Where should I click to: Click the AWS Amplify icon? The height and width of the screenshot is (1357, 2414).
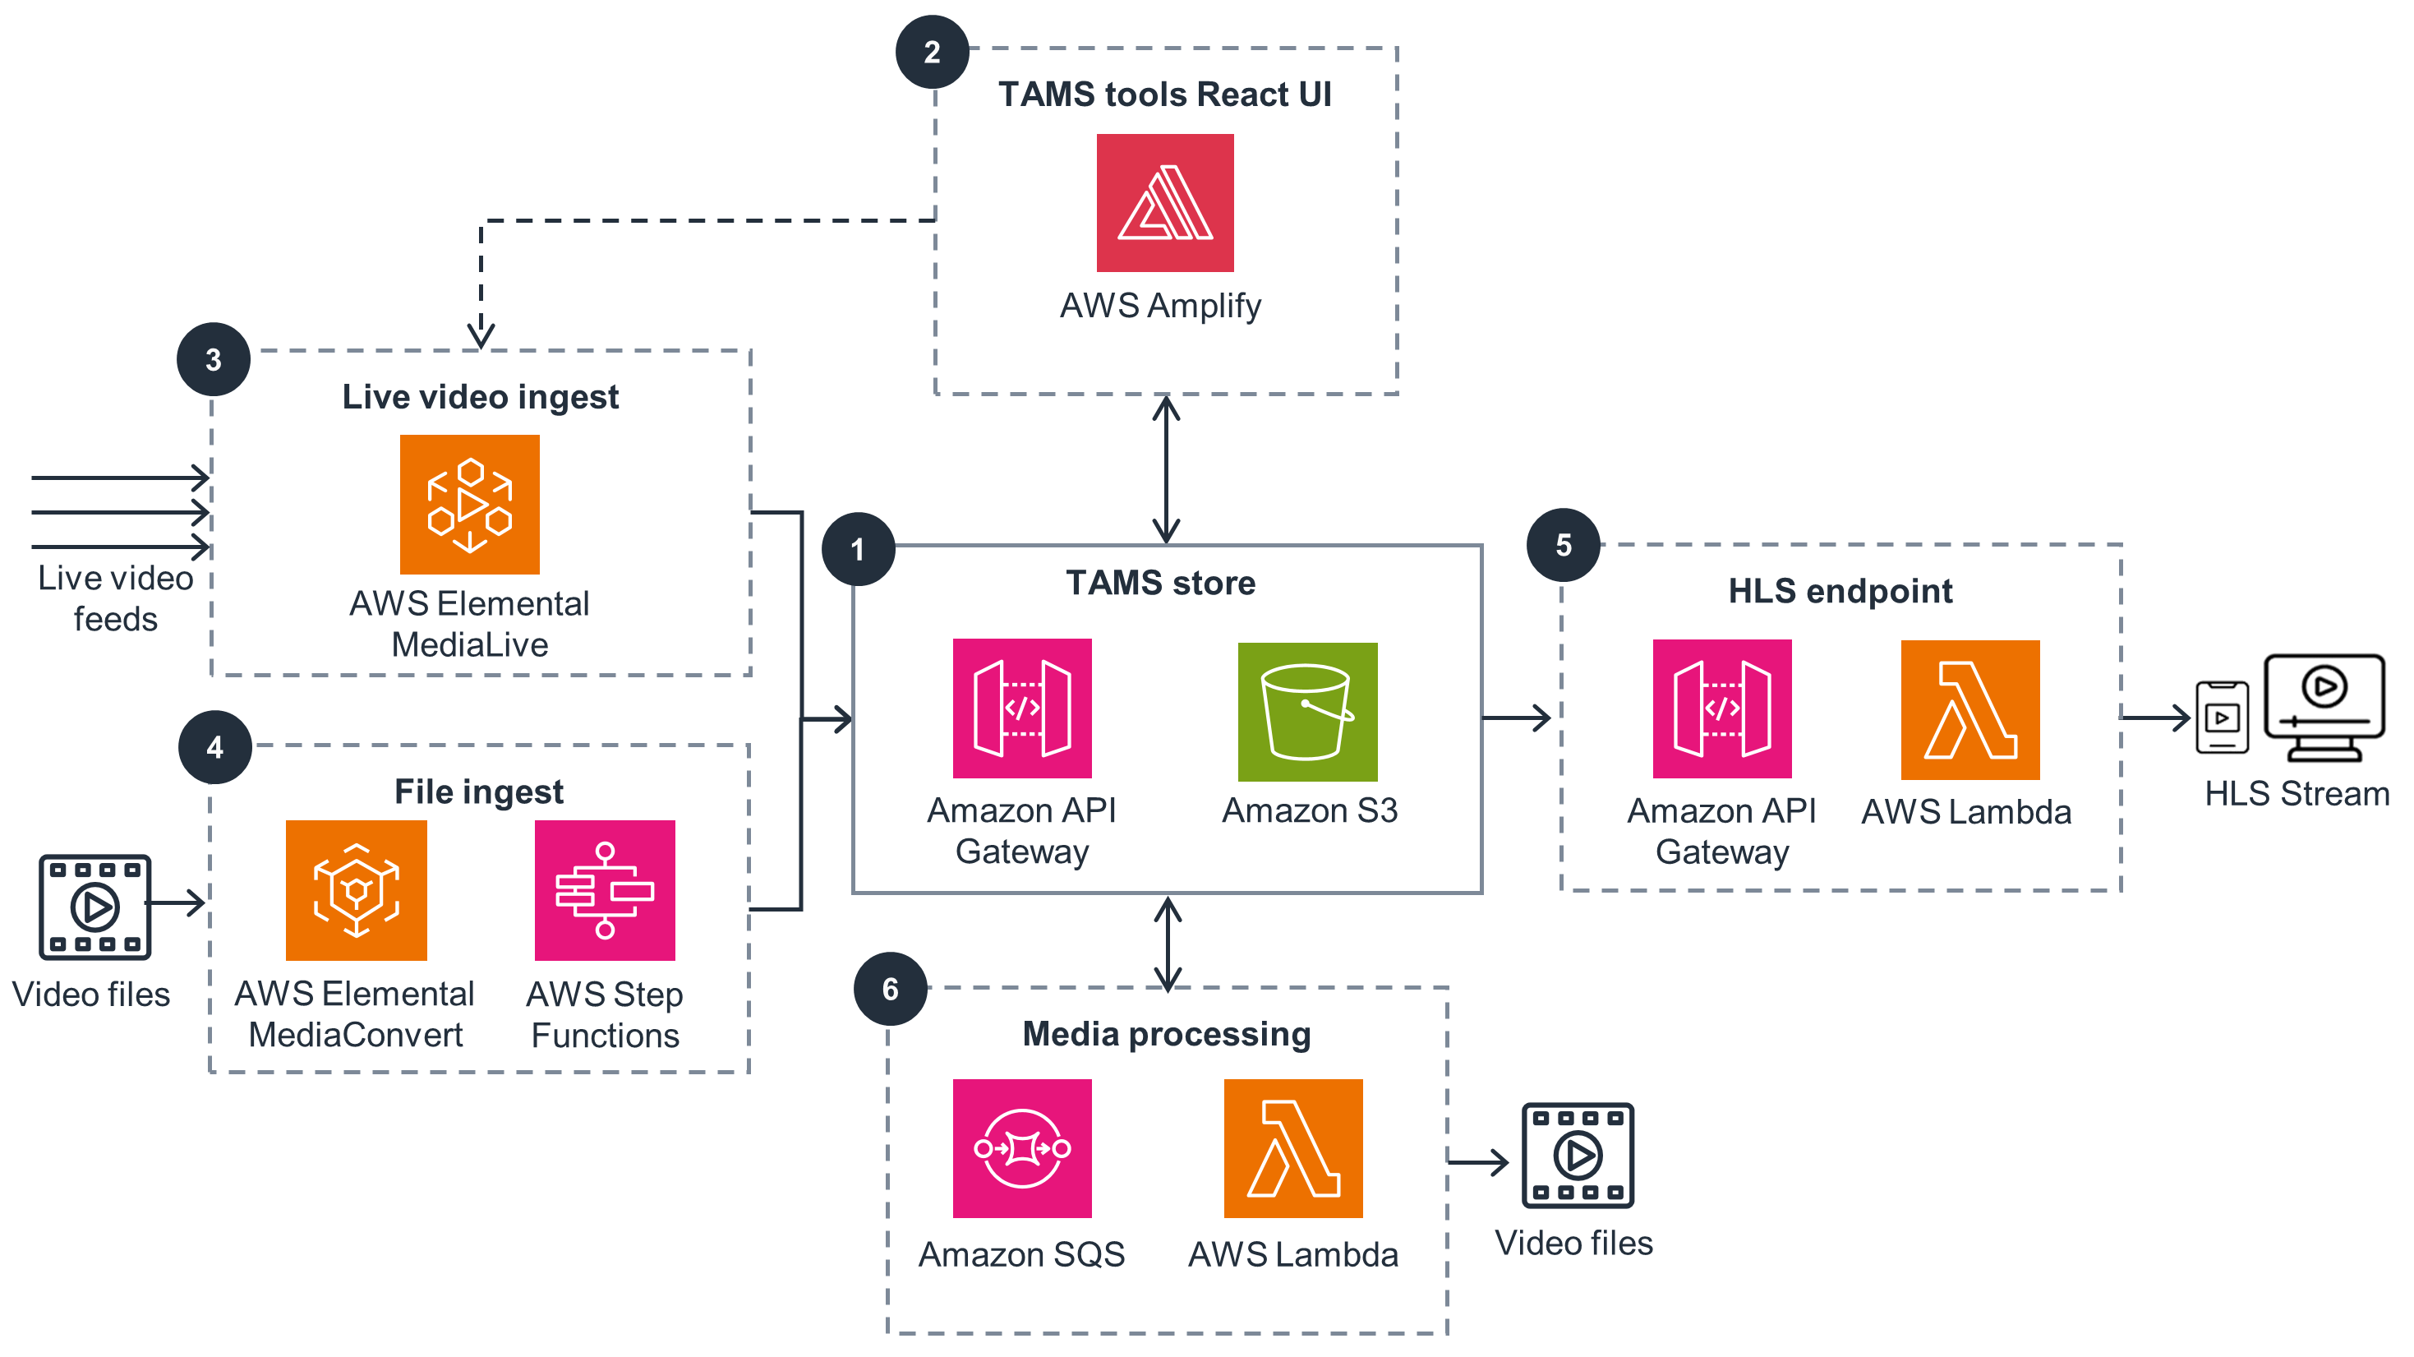[x=1165, y=202]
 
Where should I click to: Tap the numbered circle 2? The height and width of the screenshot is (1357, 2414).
[x=932, y=53]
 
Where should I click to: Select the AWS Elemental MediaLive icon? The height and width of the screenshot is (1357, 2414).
[x=469, y=504]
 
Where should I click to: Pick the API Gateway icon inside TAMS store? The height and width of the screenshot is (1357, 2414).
[x=1021, y=709]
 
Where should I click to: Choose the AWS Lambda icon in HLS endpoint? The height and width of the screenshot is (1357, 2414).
[x=1969, y=709]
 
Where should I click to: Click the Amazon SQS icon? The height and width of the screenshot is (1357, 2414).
[x=1021, y=1148]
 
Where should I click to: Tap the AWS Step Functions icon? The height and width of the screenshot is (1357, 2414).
[x=605, y=889]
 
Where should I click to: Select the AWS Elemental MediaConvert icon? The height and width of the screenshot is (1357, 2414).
[x=356, y=889]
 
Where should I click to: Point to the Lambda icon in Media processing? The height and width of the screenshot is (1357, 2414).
[x=1292, y=1148]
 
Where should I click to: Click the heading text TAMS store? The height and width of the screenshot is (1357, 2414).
[x=1160, y=583]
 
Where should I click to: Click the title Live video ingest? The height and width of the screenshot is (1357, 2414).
[x=480, y=396]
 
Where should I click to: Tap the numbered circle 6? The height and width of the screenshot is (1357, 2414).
[x=891, y=989]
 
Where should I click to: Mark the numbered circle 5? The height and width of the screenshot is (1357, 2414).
[x=1563, y=546]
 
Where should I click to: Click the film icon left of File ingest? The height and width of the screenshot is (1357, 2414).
[x=94, y=907]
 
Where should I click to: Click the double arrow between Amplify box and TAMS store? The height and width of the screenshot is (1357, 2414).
[x=1166, y=469]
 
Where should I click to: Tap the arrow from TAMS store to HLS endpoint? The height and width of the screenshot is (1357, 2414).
[x=1515, y=718]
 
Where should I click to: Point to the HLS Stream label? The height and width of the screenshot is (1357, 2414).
[x=2296, y=794]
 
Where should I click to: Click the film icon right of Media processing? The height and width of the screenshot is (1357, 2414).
[x=1578, y=1155]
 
